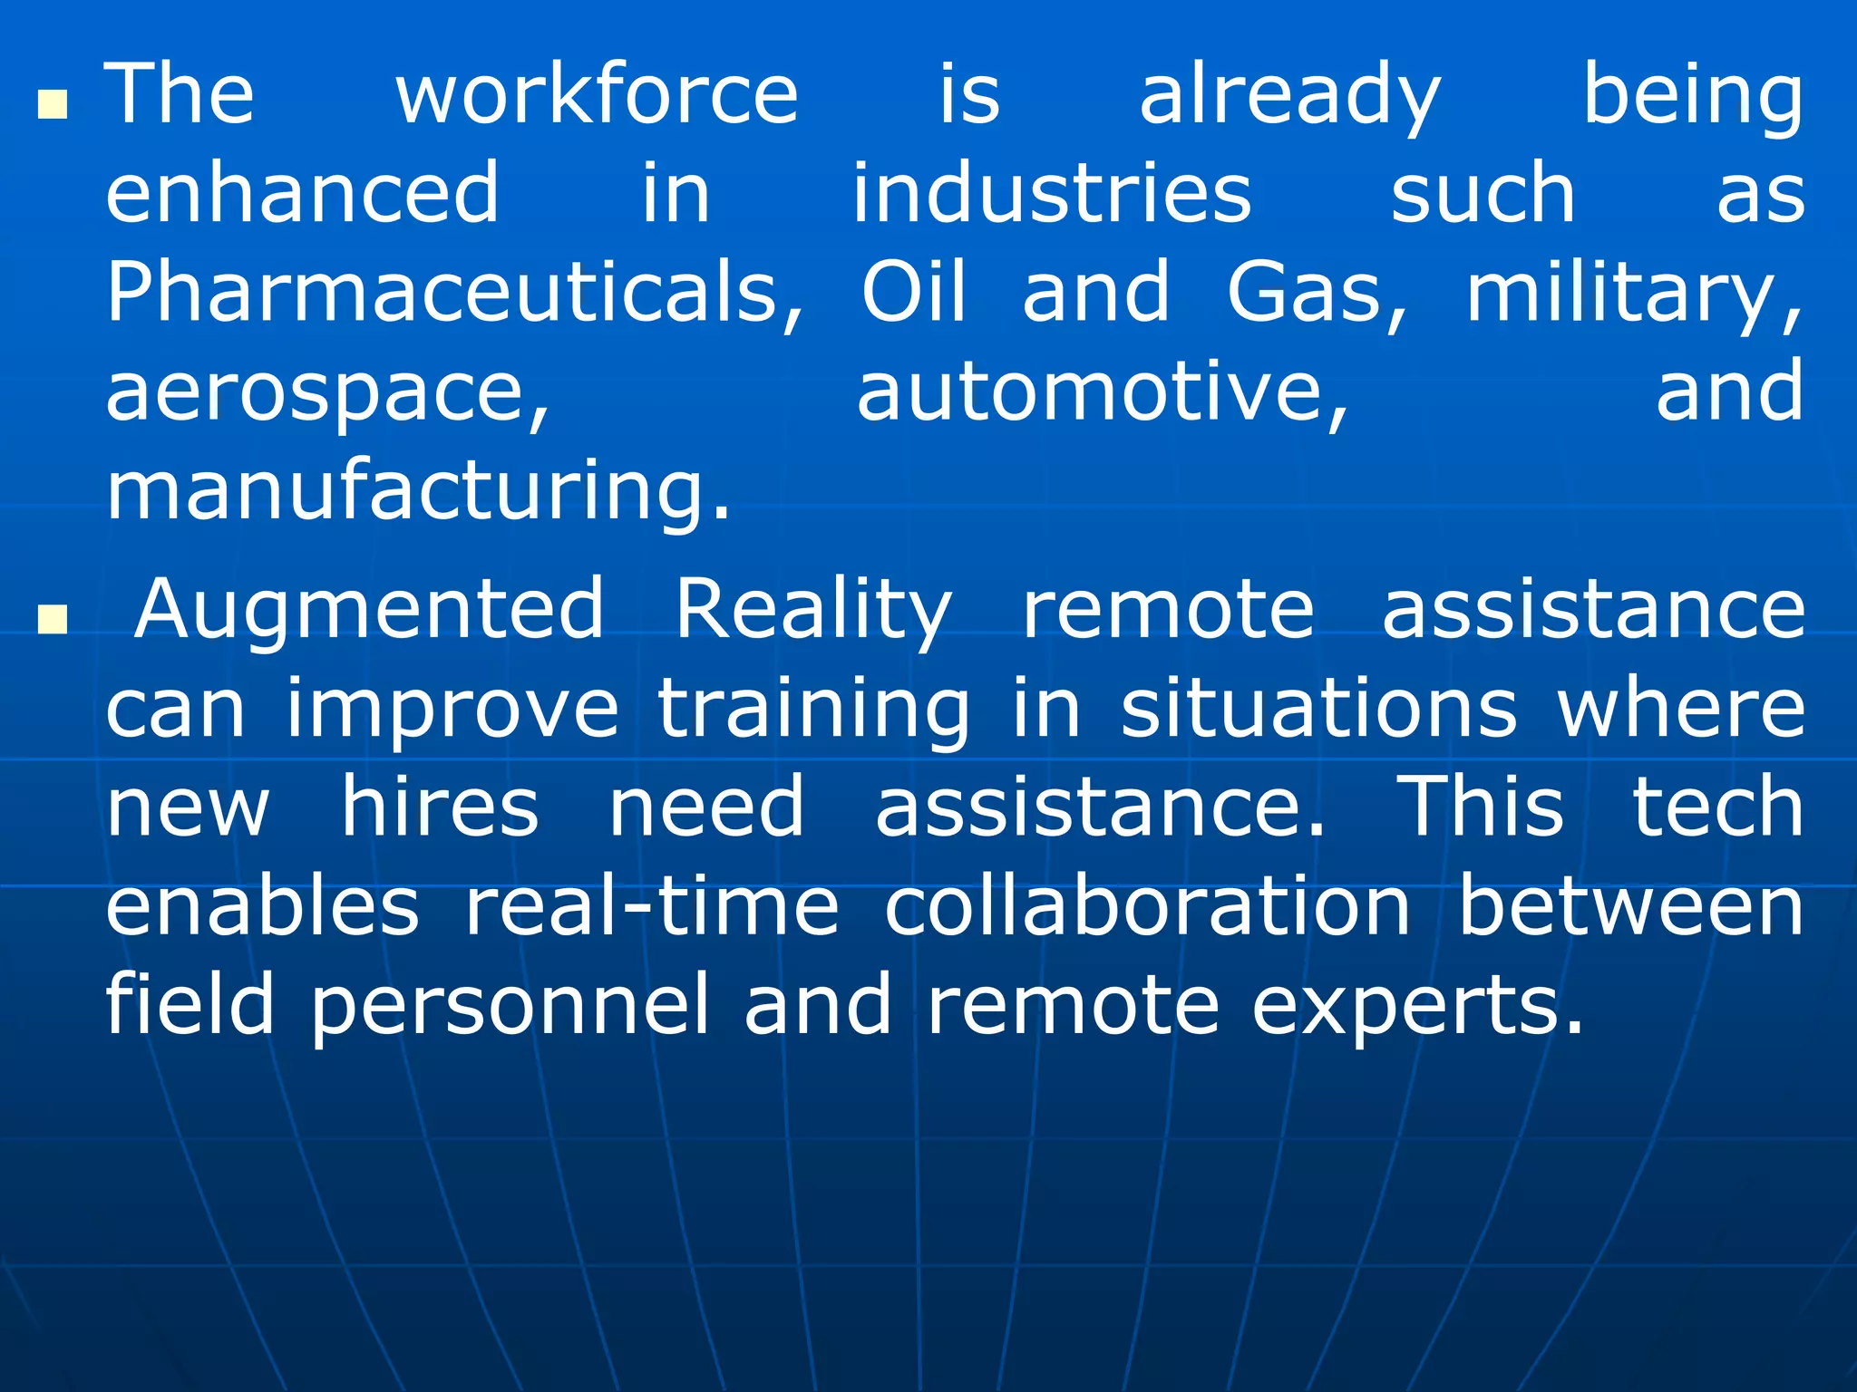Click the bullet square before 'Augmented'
tap(53, 620)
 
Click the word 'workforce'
tap(597, 94)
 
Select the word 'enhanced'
tap(302, 193)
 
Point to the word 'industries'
tap(1052, 193)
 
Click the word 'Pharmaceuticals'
tap(453, 292)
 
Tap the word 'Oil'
tap(913, 292)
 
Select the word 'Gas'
tap(1315, 292)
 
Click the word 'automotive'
tap(1102, 391)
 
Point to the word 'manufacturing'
tap(417, 492)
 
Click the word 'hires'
tap(440, 807)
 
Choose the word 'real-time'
tap(652, 906)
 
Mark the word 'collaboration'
tap(1147, 906)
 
